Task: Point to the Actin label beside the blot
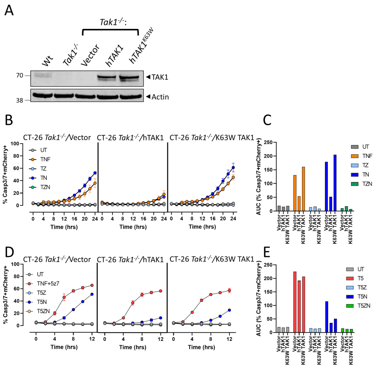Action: (160, 96)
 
